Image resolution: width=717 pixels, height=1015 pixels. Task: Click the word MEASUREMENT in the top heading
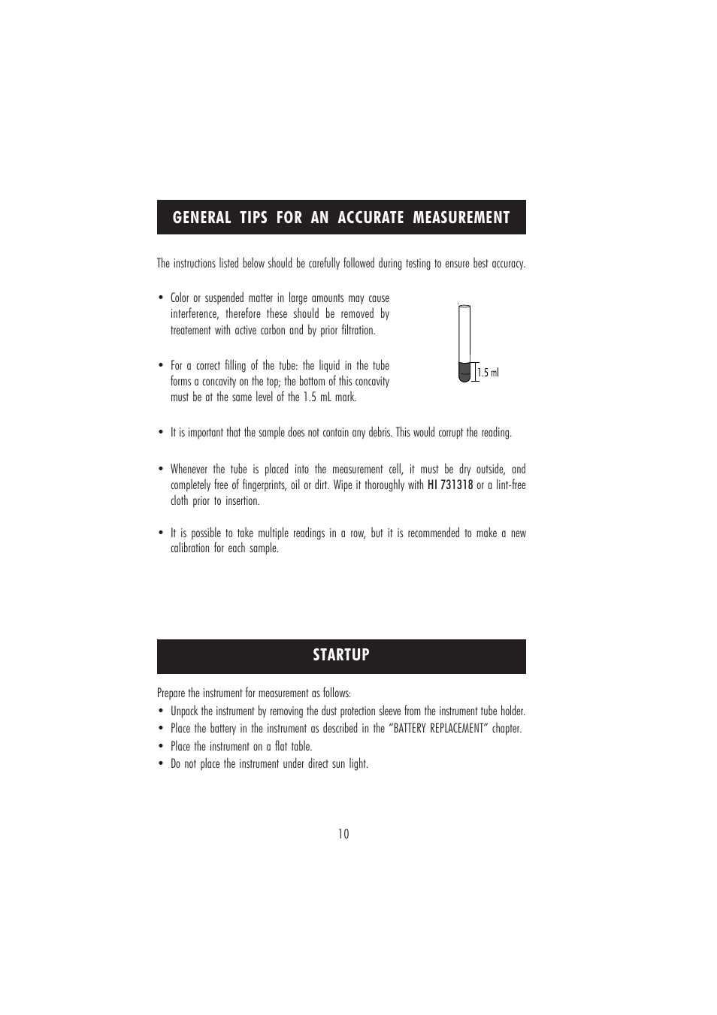[x=462, y=218]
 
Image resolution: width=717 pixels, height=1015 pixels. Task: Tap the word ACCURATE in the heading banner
[x=371, y=218]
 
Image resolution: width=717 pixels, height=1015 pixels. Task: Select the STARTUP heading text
[x=341, y=655]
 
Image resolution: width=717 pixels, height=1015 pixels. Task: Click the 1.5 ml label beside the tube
[x=489, y=373]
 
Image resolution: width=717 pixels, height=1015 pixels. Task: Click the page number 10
[x=343, y=834]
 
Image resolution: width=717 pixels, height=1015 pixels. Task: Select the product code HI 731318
[x=450, y=485]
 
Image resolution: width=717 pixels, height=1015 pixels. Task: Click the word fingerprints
[x=261, y=485]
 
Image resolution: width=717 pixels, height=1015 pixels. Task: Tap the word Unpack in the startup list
[x=184, y=711]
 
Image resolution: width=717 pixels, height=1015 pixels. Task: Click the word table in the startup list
[x=301, y=747]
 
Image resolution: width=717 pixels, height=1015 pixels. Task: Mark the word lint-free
[x=510, y=485]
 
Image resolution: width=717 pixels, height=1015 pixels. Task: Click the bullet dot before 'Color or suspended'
[x=161, y=299]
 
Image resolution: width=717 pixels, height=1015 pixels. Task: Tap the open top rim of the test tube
[x=464, y=305]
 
